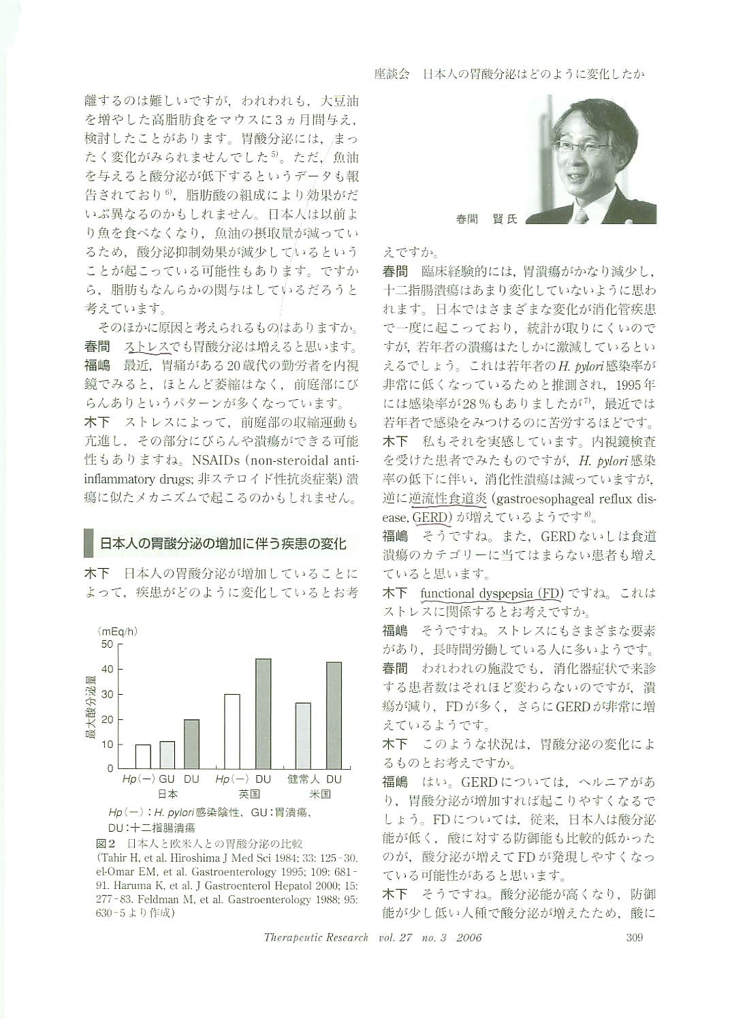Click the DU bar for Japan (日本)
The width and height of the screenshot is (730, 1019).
[191, 743]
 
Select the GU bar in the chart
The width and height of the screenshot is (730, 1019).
[168, 755]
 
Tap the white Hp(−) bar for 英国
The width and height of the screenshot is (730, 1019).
[232, 731]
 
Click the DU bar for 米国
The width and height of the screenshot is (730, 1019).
[334, 715]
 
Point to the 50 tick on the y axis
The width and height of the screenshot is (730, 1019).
[108, 644]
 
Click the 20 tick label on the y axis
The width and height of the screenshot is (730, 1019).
[108, 719]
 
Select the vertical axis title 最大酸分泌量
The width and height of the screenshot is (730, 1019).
[89, 706]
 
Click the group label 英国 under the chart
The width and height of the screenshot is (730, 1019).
[249, 794]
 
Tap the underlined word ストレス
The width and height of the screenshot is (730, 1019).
[147, 347]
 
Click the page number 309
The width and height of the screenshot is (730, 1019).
[634, 937]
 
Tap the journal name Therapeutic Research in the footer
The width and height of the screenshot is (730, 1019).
[316, 937]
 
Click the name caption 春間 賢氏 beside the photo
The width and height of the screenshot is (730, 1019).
[486, 219]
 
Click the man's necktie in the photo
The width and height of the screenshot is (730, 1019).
[581, 215]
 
